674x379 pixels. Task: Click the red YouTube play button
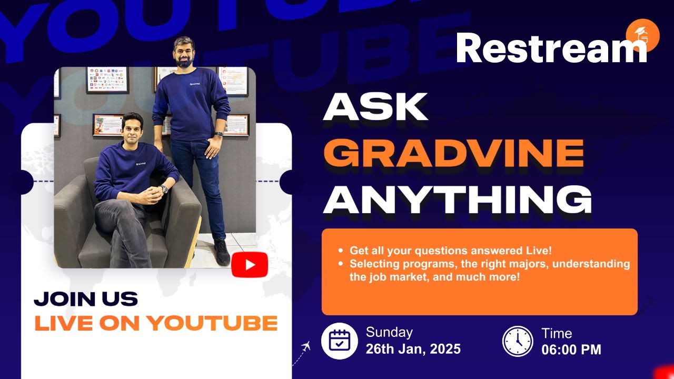point(250,265)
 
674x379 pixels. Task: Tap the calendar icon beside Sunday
point(340,341)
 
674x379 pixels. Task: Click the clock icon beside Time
point(518,342)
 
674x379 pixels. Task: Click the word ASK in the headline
point(375,106)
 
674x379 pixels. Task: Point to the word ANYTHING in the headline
point(458,200)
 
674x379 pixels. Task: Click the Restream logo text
point(551,48)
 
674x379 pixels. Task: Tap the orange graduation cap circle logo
point(643,35)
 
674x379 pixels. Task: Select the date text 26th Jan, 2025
point(413,349)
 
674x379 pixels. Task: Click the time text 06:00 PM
point(571,350)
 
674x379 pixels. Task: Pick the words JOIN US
point(86,299)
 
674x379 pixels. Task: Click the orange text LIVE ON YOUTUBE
point(156,323)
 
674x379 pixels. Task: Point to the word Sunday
point(389,332)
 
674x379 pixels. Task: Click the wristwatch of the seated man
point(164,189)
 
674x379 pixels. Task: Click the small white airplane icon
point(306,346)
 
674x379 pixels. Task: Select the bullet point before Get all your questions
point(341,250)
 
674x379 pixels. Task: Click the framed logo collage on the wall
point(107,79)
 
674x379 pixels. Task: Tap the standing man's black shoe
point(222,252)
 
